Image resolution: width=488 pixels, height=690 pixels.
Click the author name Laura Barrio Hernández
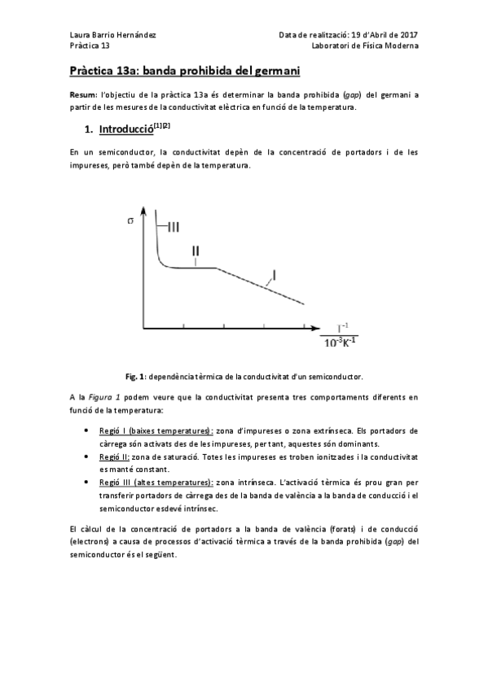coord(110,35)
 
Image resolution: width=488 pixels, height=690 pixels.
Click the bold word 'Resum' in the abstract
coord(82,95)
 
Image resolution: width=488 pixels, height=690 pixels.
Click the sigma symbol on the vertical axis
coord(130,221)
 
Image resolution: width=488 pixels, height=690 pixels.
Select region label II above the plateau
coord(196,251)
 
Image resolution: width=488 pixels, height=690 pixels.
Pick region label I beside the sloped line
coord(275,275)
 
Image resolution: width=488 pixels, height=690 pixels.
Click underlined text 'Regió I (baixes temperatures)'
coord(155,430)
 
